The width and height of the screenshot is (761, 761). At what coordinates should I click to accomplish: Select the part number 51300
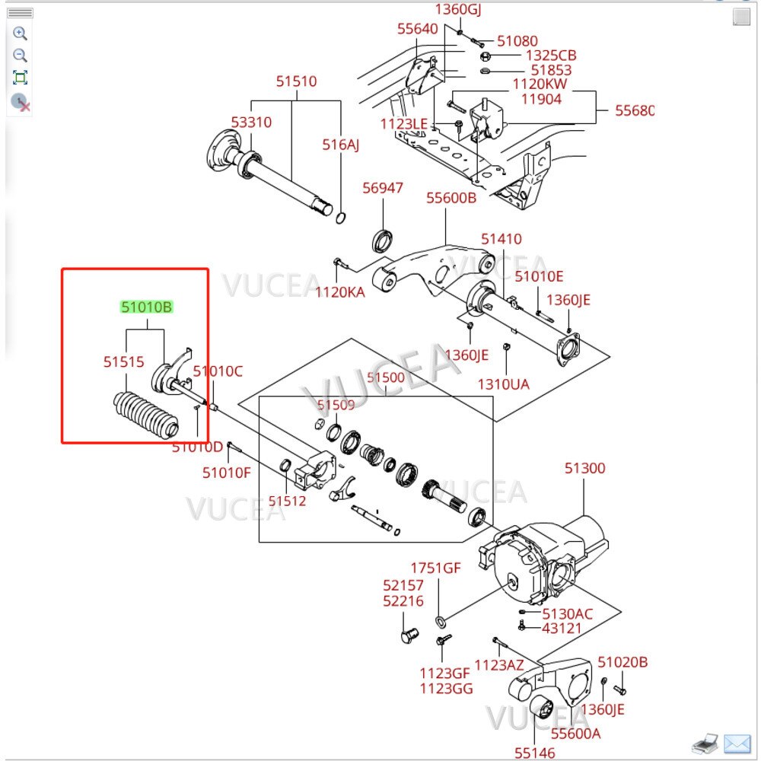(x=584, y=468)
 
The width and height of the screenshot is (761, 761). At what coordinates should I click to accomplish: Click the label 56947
(x=383, y=188)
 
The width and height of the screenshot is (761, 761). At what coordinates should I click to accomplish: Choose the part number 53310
(x=251, y=122)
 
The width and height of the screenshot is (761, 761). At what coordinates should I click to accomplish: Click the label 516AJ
(x=339, y=145)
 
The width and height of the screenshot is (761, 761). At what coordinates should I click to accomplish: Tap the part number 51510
(x=296, y=81)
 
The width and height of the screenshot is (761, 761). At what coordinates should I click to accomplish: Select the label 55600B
(x=451, y=198)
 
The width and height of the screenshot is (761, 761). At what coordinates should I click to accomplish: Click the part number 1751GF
(x=436, y=568)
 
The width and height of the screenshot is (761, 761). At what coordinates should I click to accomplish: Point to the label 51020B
(x=622, y=662)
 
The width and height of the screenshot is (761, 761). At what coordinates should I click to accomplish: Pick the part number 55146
(x=535, y=752)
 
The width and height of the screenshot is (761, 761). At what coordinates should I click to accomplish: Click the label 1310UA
(x=503, y=384)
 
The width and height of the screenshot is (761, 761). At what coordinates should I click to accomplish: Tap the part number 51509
(x=336, y=406)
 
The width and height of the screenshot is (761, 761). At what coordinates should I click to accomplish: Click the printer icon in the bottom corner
(x=705, y=742)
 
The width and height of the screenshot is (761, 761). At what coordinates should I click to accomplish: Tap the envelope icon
(x=737, y=742)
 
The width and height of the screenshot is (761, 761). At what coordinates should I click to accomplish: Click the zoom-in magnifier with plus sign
(x=21, y=33)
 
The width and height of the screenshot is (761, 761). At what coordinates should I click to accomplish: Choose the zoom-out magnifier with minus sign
(x=21, y=56)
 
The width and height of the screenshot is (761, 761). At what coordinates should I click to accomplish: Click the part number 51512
(x=287, y=500)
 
